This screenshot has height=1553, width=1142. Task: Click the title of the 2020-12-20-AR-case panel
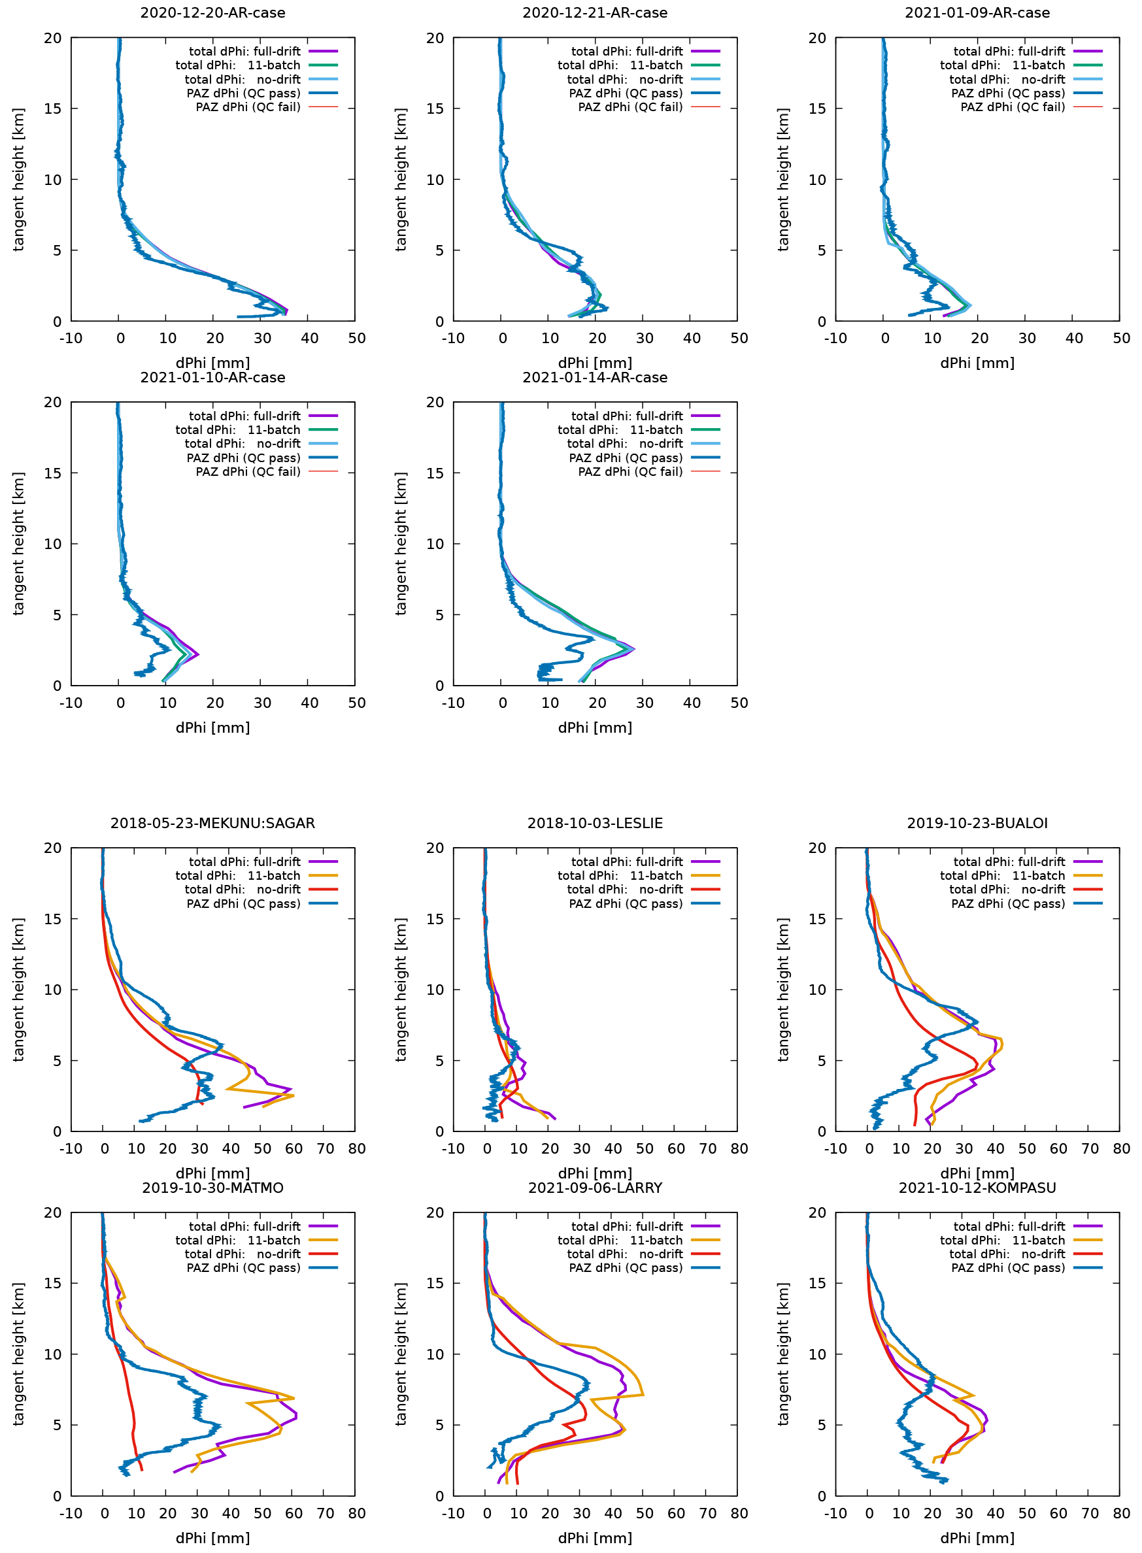212,12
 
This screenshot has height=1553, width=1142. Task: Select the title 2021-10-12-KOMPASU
977,1188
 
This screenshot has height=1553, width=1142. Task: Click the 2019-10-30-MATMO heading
212,1188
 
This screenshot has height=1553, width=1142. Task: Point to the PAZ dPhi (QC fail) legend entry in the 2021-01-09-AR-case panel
1012,107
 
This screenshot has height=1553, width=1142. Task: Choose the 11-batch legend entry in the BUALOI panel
1001,876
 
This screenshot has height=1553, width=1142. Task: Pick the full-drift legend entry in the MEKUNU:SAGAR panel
244,862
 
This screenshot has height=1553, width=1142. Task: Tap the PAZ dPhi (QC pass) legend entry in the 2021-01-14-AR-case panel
625,458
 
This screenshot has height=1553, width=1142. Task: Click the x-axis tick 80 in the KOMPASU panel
1121,1513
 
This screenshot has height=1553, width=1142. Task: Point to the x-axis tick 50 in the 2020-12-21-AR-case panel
739,338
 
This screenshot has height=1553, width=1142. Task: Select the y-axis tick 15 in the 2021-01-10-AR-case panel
52,473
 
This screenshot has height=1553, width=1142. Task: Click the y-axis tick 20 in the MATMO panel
52,1213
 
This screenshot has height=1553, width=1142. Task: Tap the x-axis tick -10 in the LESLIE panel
453,1148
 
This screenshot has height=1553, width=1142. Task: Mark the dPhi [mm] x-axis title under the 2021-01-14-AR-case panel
594,727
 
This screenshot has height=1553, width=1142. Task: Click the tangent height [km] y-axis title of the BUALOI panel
782,989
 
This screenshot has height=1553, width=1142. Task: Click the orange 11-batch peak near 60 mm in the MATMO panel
293,1397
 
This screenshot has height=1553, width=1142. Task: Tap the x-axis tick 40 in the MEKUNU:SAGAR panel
231,1148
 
